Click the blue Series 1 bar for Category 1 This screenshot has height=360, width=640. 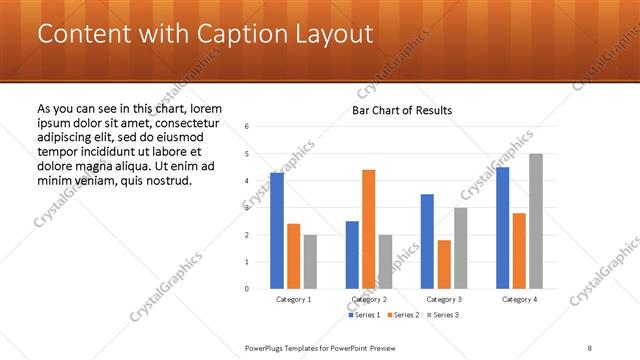pos(277,231)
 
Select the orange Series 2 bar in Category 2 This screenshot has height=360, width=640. pos(368,229)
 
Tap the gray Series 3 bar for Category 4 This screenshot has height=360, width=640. pos(536,221)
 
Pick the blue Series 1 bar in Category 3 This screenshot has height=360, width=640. pos(427,241)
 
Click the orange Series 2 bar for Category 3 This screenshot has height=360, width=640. pos(444,264)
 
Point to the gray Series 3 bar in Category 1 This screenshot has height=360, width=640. pos(310,262)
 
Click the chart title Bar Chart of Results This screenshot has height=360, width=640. pos(402,110)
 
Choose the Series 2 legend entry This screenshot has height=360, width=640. pos(403,315)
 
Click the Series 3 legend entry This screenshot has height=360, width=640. pos(443,315)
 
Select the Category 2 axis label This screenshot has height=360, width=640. pos(369,299)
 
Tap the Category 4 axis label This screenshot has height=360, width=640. pos(519,299)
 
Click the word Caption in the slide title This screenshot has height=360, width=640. pos(227,34)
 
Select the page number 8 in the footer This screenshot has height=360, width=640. pos(590,347)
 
